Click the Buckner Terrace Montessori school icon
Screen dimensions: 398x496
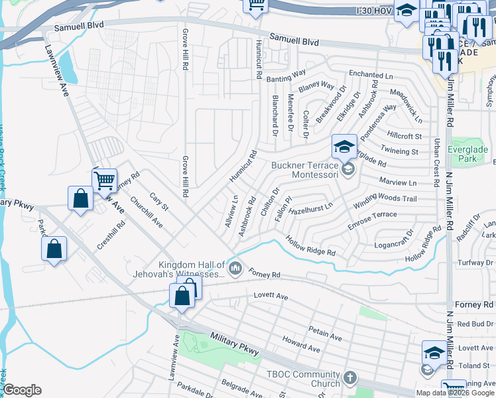point(344,147)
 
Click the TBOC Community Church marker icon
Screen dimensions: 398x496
point(350,378)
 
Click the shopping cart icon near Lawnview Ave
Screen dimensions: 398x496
point(105,180)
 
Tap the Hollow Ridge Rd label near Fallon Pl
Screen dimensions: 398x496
point(310,248)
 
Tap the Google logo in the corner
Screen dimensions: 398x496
point(22,390)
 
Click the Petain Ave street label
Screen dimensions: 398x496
point(325,333)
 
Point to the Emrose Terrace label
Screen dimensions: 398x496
point(373,215)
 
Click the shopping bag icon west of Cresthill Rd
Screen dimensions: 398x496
point(54,249)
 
